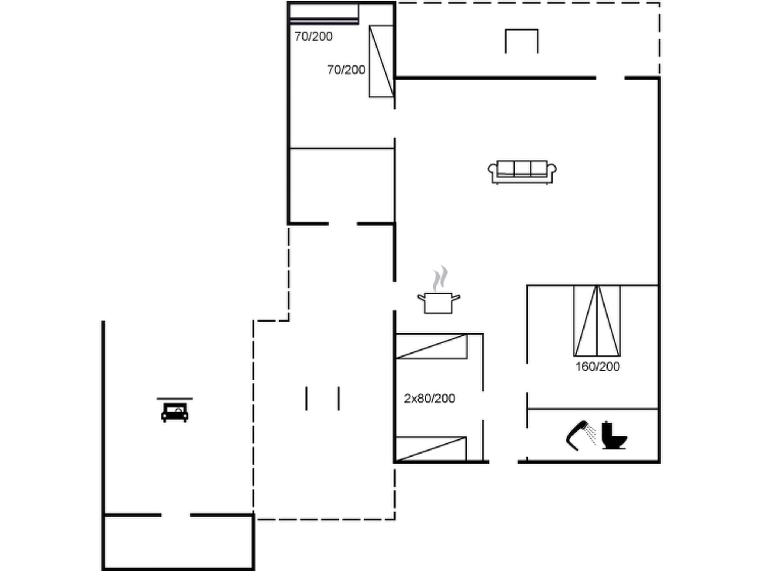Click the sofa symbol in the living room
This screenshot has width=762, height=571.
(522, 172)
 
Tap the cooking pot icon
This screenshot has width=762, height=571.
(438, 303)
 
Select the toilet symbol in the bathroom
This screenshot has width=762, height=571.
(614, 436)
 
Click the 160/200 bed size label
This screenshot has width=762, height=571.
(598, 367)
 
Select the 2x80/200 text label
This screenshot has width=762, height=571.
(429, 399)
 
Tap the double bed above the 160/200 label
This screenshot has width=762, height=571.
(597, 320)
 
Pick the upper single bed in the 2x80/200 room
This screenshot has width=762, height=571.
(431, 346)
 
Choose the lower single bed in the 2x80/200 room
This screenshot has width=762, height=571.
(430, 449)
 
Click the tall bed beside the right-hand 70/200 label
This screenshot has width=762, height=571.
(381, 61)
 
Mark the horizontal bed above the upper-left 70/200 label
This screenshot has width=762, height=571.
(324, 13)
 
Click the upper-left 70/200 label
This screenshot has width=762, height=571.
(313, 36)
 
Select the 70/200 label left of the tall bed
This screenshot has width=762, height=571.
(346, 70)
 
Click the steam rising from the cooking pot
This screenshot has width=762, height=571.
(440, 278)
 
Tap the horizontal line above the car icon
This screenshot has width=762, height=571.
(175, 399)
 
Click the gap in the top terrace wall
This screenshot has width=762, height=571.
(610, 78)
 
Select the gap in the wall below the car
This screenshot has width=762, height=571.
(176, 515)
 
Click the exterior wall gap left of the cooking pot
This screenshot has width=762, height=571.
(394, 296)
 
